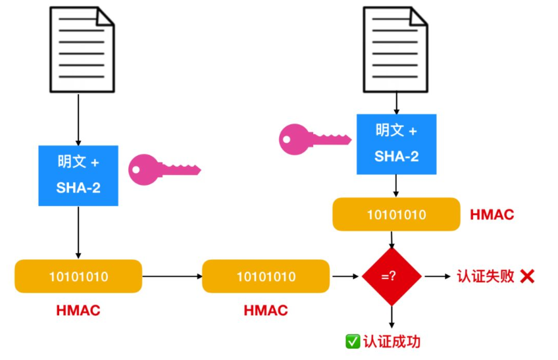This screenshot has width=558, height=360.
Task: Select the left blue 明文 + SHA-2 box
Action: pos(78,175)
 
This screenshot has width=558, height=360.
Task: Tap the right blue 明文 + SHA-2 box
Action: pos(396,143)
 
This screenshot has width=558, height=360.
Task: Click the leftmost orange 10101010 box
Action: pos(78,276)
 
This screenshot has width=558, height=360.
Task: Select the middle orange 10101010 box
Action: pos(266,276)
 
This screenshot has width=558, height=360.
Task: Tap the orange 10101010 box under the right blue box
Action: pos(396,215)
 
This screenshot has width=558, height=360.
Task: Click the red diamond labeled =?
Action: pos(392,276)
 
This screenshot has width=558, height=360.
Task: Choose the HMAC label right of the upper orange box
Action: pos(492,215)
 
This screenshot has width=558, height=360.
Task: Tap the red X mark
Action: pos(527,276)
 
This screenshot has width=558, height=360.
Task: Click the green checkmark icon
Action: pos(353,342)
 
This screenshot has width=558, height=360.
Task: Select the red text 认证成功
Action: pos(392,342)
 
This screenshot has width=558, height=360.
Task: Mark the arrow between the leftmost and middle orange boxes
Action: pos(172,276)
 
